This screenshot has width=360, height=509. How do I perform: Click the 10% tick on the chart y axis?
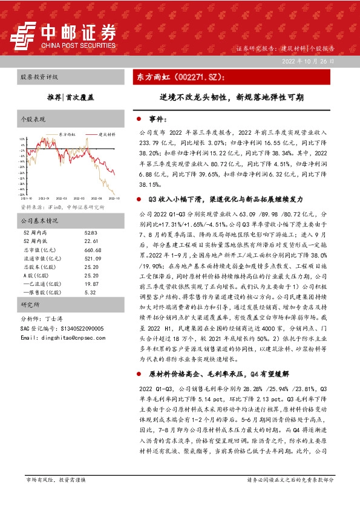click(22, 138)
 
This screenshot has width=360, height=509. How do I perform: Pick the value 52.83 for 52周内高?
click(91, 233)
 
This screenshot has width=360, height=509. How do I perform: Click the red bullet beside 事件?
click(139, 120)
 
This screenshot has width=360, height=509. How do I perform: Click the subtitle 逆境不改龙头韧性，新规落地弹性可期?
click(232, 97)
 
